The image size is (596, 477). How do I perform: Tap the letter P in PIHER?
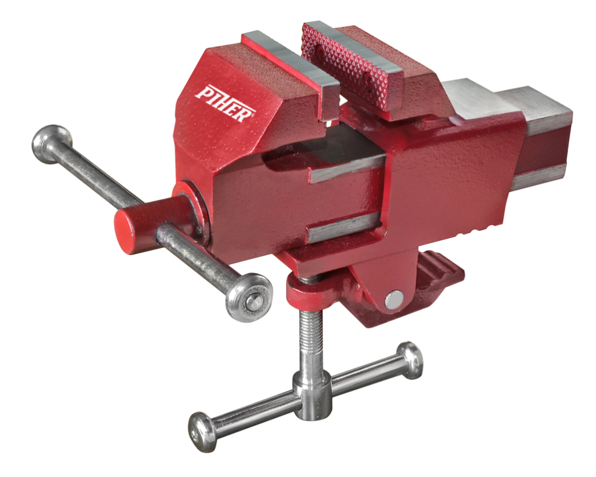(204, 92)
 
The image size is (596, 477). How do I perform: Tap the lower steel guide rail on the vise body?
(343, 227)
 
